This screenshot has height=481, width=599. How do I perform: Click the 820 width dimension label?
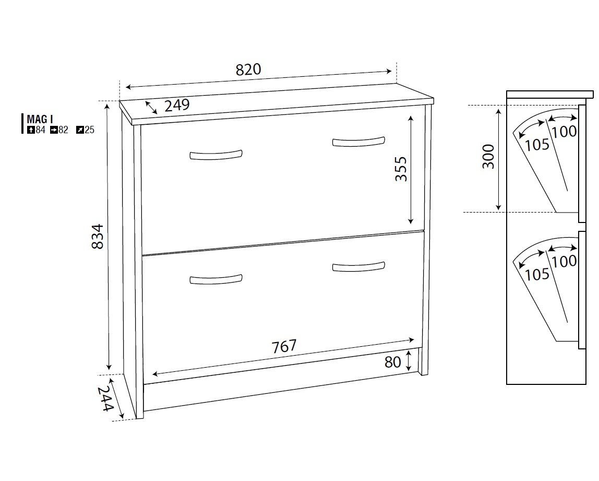(248, 69)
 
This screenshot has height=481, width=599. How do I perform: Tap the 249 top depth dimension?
(177, 105)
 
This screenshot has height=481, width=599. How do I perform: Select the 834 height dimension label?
(98, 236)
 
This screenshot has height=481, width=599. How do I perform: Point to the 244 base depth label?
(105, 399)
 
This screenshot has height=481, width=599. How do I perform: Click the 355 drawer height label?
(401, 169)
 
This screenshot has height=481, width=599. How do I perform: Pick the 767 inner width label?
(284, 346)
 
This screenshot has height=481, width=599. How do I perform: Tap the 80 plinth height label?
(393, 362)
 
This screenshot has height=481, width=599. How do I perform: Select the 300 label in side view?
(488, 156)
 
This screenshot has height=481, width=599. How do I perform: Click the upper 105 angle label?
(537, 145)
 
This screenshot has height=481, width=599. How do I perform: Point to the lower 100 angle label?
(564, 261)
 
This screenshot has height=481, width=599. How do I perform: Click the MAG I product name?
(40, 119)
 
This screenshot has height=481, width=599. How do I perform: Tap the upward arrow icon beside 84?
(31, 130)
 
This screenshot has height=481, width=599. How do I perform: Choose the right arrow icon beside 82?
(54, 130)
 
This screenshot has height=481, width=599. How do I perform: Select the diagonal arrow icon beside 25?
(80, 130)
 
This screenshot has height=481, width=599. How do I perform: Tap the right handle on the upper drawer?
(358, 141)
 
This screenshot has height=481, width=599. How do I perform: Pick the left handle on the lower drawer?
(216, 279)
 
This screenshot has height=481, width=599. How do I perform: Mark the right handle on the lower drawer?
(358, 266)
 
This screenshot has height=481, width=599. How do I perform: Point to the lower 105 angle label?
(537, 275)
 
